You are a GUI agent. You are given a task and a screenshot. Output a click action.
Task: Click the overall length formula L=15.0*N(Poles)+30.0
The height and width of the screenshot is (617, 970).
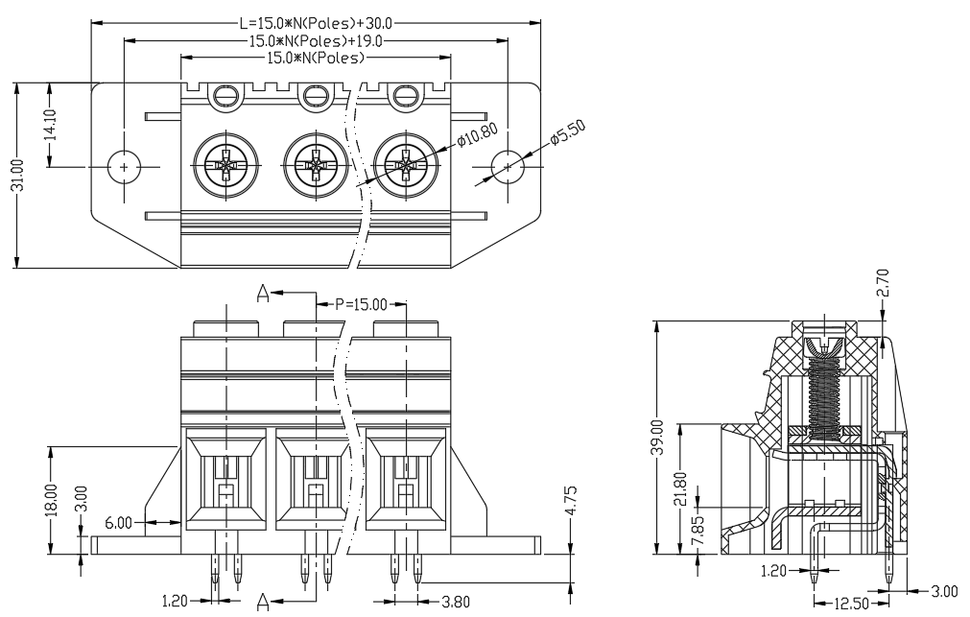point(316,24)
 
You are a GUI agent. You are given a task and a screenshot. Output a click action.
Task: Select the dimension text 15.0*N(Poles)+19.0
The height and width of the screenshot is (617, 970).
point(316,41)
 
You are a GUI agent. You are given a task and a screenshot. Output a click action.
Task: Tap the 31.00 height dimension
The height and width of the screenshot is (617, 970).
point(18,176)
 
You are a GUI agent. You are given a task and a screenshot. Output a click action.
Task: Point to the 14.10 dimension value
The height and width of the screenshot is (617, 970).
point(51,125)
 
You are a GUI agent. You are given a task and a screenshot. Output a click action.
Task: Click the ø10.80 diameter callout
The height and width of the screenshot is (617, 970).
point(478,134)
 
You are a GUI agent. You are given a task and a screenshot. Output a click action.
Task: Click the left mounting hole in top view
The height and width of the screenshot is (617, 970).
point(125,166)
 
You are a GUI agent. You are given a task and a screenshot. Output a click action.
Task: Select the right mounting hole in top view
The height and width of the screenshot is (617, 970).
point(508,166)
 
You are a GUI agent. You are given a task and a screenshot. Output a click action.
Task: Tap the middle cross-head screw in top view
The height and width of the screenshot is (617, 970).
point(316,166)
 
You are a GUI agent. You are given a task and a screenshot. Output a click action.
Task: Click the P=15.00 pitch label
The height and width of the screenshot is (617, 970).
point(361,304)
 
